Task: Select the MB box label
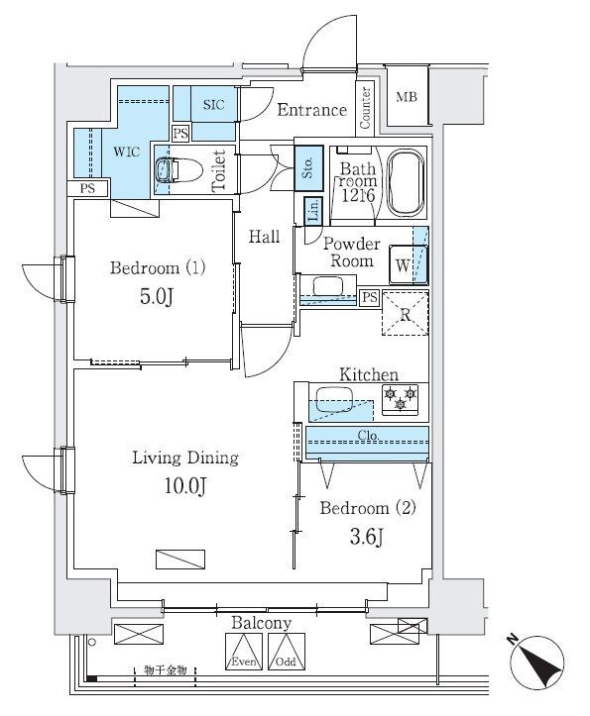click(x=407, y=97)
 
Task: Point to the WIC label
click(x=125, y=153)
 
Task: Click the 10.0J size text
click(x=185, y=484)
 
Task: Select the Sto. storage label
click(x=307, y=163)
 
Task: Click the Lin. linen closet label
click(x=312, y=210)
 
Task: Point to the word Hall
click(x=264, y=237)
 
